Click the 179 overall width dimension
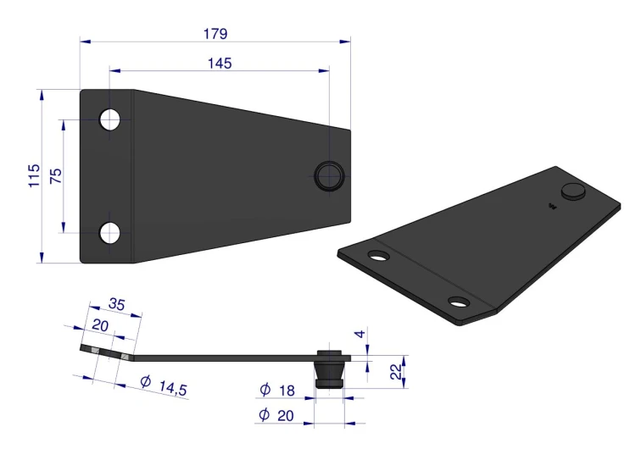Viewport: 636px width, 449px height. point(215,34)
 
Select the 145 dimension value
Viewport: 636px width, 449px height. point(220,64)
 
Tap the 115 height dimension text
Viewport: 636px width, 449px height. point(34,175)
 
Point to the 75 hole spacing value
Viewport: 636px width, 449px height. point(56,176)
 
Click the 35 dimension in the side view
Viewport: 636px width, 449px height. point(117,304)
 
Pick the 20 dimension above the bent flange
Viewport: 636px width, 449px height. point(100,325)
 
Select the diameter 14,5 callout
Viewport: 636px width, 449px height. point(164,385)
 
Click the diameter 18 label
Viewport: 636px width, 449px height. point(277,390)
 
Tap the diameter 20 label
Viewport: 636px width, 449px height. point(276,415)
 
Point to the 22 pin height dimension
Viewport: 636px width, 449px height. point(395,372)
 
